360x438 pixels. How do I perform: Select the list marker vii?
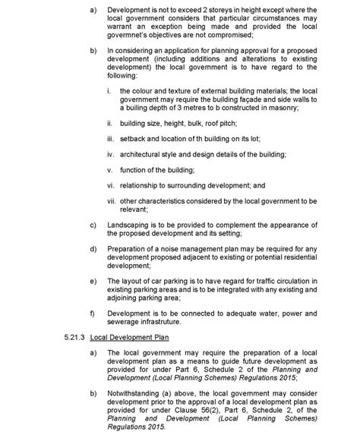coord(110,201)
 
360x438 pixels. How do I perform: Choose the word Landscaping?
coord(129,225)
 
